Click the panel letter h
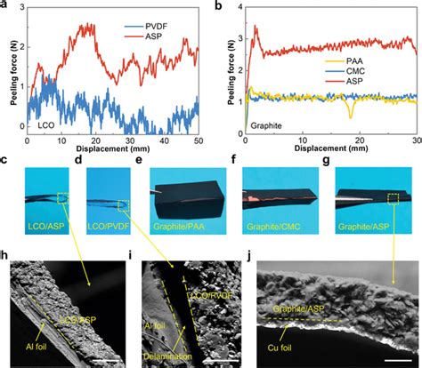7,258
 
